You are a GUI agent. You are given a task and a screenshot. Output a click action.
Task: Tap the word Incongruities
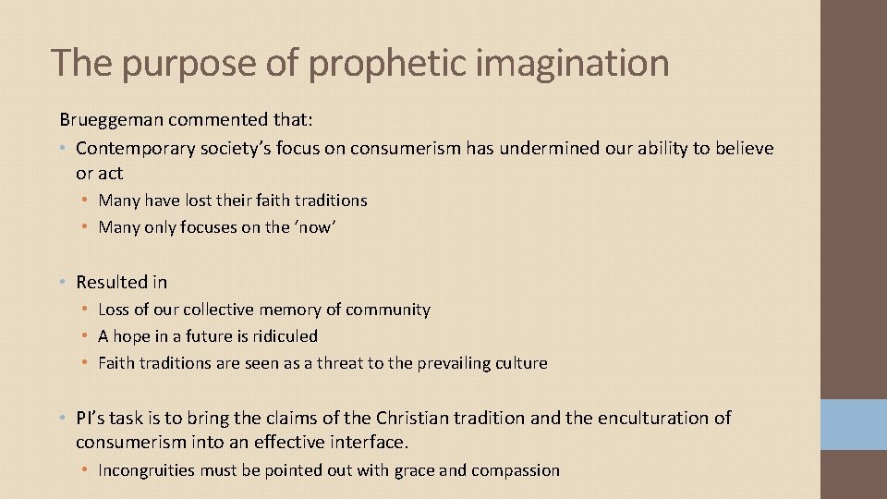pos(146,470)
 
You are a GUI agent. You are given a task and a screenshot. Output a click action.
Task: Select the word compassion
pos(516,470)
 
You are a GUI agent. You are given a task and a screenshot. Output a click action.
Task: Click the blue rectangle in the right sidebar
pos(854,424)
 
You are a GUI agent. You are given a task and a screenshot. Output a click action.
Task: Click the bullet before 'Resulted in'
pos(63,282)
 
